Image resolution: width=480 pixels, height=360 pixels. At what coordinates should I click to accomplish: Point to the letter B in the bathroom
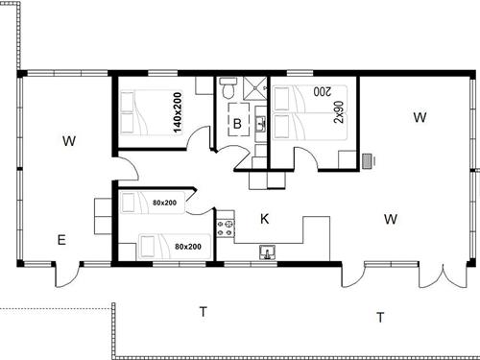[236, 123]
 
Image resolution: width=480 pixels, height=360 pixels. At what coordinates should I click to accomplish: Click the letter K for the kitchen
[264, 220]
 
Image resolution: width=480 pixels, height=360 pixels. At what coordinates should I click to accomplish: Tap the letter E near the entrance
[60, 240]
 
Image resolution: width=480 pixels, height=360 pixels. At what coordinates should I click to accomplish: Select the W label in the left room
[68, 142]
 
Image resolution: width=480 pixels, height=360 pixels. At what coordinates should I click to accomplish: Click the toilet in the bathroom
[227, 89]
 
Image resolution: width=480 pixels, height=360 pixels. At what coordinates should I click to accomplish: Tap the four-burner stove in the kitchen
[228, 228]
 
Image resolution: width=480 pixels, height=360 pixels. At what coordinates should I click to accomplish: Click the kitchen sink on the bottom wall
[268, 252]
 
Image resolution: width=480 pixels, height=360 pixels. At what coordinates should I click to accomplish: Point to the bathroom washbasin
[258, 123]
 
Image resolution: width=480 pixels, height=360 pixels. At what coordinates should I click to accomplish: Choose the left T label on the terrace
[203, 311]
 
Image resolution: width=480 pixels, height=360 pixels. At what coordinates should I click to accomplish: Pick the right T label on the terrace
[380, 317]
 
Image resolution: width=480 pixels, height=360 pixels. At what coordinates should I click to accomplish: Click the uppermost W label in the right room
[420, 118]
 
